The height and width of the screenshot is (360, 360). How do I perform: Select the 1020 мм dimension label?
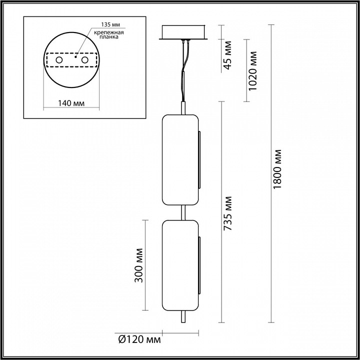[x=253, y=70]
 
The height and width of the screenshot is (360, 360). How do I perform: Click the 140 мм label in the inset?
[x=70, y=103]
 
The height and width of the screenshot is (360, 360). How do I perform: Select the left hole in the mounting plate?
[x=59, y=60]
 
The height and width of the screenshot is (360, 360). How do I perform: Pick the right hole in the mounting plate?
[x=84, y=60]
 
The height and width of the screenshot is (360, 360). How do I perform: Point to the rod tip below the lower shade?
[x=182, y=317]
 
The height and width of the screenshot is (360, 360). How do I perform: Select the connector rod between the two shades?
[x=182, y=212]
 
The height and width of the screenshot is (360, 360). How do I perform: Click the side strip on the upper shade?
[x=199, y=160]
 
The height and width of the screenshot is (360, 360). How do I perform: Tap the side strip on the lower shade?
[x=199, y=265]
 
